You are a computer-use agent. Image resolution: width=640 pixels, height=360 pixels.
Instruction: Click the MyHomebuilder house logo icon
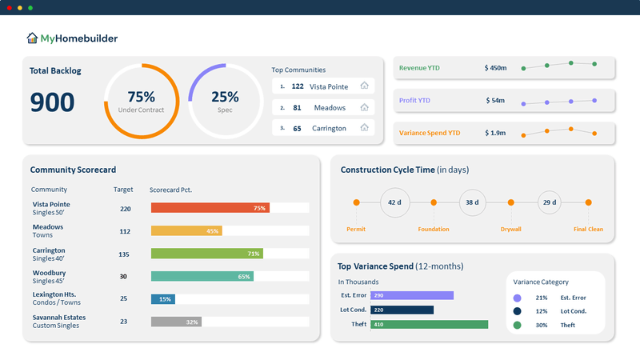(x=32, y=38)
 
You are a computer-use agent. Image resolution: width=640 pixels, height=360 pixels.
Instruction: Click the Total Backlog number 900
(x=52, y=102)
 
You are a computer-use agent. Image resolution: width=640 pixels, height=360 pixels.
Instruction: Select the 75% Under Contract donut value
(x=141, y=97)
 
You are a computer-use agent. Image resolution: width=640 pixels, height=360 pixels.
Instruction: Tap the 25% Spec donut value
(x=225, y=97)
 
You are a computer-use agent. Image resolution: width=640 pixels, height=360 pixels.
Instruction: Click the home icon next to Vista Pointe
(x=364, y=86)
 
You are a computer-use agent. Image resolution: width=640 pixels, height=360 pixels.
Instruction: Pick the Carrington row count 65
(x=297, y=128)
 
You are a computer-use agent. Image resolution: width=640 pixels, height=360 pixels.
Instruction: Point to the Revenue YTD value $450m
(x=495, y=68)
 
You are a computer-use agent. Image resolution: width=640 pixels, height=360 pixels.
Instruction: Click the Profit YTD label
(x=414, y=101)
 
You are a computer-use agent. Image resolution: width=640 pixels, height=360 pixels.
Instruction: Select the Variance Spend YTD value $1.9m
(x=494, y=133)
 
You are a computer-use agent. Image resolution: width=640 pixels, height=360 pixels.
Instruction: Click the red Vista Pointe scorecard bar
(x=210, y=208)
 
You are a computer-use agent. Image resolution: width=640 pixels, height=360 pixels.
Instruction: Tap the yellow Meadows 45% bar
(x=186, y=230)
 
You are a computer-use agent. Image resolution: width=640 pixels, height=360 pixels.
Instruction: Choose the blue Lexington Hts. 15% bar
(x=162, y=299)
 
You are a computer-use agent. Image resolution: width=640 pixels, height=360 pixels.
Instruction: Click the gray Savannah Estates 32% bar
(x=176, y=322)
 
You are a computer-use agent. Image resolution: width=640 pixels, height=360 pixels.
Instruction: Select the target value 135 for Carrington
(x=124, y=254)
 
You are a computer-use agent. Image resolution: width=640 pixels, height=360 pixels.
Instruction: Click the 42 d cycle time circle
(x=394, y=202)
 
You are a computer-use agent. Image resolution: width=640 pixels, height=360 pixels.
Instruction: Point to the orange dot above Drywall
(x=511, y=202)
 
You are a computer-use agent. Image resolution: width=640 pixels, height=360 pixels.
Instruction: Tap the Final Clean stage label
(x=588, y=230)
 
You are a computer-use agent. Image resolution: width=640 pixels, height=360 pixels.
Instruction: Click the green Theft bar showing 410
(x=429, y=324)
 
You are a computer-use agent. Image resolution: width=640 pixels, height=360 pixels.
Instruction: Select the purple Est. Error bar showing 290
(x=412, y=295)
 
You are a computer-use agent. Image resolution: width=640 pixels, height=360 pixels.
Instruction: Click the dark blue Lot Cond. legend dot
(x=518, y=311)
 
